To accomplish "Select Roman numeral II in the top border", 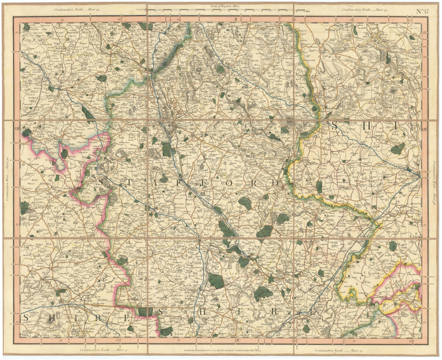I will [236, 19].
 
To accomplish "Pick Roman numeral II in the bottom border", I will [236, 341].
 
